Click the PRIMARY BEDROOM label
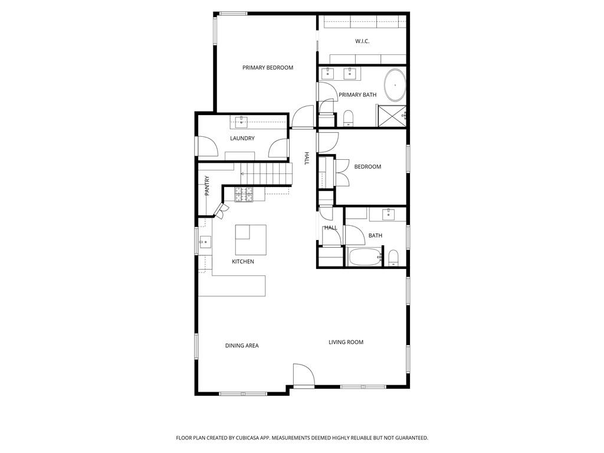coord(268,68)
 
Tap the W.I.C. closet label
coord(362,41)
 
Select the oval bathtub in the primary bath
coord(395,85)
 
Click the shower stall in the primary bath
coord(392,116)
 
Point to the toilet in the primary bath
coord(348,118)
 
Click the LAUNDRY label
coord(242,138)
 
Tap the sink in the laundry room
coord(241,122)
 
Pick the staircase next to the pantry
coord(266,174)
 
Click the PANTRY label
coord(207,186)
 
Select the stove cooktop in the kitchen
coord(244,194)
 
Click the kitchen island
coord(251,239)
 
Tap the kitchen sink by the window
coord(205,242)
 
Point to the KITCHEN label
coord(243,262)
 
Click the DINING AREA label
coord(242,346)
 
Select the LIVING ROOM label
coord(346,342)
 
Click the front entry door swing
coord(304,375)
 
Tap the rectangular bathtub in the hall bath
coord(365,257)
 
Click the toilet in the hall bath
coord(393,258)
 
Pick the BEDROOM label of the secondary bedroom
coord(368,167)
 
